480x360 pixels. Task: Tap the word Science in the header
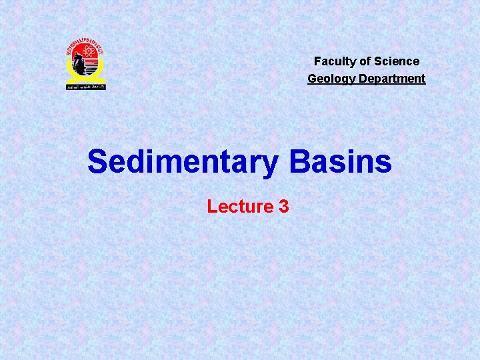pyautogui.click(x=397, y=61)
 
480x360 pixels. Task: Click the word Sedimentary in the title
pyautogui.click(x=181, y=162)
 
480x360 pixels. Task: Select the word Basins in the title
pyautogui.click(x=341, y=161)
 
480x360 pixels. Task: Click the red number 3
pyautogui.click(x=284, y=207)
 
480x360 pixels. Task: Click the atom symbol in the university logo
pyautogui.click(x=85, y=53)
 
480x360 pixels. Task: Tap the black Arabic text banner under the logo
pyautogui.click(x=85, y=86)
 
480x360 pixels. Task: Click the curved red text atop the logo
pyautogui.click(x=85, y=44)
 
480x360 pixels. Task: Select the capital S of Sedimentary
pyautogui.click(x=99, y=161)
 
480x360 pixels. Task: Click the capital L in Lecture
pyautogui.click(x=211, y=207)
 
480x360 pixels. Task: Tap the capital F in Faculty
pyautogui.click(x=318, y=61)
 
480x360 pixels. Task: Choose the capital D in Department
pyautogui.click(x=358, y=79)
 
